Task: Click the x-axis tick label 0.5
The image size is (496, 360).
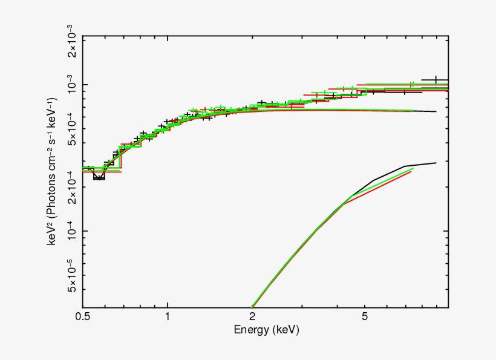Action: (x=83, y=316)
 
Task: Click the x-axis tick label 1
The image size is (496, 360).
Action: (x=167, y=316)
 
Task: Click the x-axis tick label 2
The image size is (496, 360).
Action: (x=251, y=316)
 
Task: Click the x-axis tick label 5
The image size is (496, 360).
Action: (x=364, y=316)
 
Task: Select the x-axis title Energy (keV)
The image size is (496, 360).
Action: (x=266, y=330)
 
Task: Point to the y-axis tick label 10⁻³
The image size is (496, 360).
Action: (x=71, y=85)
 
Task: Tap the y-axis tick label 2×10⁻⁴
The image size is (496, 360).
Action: (x=71, y=187)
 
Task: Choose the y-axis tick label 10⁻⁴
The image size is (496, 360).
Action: (x=71, y=231)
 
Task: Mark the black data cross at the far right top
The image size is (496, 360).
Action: (x=435, y=80)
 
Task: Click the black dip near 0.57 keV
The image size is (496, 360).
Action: (x=99, y=178)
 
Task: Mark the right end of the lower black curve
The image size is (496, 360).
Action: (x=436, y=162)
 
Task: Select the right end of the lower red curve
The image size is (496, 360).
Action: (x=411, y=172)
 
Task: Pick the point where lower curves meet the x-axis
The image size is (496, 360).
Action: (x=252, y=307)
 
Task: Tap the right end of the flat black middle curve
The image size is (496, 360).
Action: (x=436, y=111)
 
